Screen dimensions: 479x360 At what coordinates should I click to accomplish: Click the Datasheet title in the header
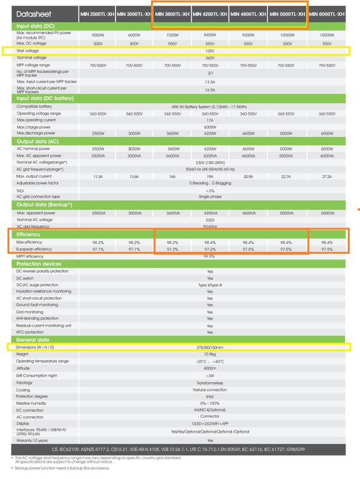[x=35, y=13]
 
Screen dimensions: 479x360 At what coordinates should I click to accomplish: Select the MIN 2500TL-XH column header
[x=97, y=13]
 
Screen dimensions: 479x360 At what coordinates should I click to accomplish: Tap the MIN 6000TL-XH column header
[x=327, y=13]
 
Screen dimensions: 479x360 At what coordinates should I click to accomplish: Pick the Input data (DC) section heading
[x=37, y=26]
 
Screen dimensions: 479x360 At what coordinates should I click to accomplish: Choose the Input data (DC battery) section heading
[x=46, y=98]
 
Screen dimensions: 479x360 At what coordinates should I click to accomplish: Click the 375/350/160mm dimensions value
[x=209, y=347]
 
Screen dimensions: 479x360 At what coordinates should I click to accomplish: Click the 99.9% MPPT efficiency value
[x=210, y=256]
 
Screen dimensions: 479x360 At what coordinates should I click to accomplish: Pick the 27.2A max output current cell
[x=326, y=177]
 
